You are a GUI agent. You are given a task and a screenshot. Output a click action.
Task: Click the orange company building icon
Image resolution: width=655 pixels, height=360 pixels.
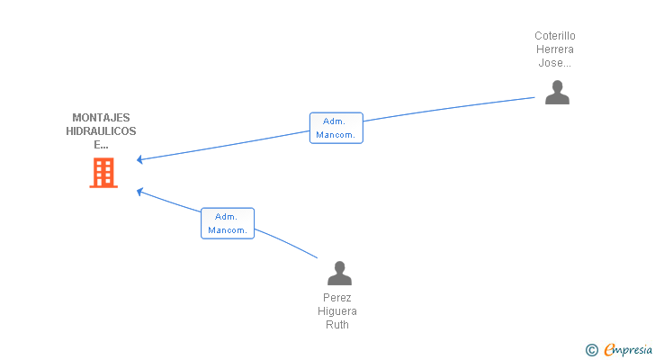click(x=103, y=173)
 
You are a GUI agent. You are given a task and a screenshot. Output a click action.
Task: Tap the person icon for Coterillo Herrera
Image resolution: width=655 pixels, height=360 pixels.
click(x=557, y=93)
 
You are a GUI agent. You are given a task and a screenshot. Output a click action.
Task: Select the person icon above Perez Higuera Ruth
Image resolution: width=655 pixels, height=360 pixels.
click(x=339, y=273)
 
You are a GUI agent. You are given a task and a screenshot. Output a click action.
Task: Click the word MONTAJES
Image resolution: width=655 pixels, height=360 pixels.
click(x=101, y=118)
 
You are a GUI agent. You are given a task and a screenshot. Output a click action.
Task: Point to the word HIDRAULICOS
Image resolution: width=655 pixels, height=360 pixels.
click(x=101, y=131)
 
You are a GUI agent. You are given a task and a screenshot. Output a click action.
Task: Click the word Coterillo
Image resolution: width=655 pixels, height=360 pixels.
click(x=555, y=36)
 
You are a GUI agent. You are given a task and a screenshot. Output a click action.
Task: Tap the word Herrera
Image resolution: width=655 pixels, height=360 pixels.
click(x=555, y=49)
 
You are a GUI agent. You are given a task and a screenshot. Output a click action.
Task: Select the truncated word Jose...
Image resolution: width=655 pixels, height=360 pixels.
click(x=554, y=63)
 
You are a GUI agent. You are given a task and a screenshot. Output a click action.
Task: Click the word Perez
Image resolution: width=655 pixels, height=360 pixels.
click(x=337, y=298)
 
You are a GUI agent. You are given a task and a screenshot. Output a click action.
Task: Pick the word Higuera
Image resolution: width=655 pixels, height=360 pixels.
click(x=337, y=311)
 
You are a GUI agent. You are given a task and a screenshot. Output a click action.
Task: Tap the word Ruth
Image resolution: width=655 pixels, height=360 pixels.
click(x=337, y=325)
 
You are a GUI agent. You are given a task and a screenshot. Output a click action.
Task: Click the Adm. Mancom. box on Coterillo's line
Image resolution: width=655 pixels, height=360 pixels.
click(x=336, y=128)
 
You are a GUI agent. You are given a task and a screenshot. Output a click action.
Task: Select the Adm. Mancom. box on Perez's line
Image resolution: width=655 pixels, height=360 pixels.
click(x=228, y=223)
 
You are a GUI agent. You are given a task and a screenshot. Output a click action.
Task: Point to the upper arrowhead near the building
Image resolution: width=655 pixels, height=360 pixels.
click(x=139, y=159)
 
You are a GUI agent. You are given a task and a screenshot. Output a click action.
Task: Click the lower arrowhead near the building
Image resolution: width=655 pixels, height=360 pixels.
click(x=140, y=192)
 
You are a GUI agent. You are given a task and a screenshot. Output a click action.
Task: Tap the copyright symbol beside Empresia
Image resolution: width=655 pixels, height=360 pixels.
click(x=591, y=350)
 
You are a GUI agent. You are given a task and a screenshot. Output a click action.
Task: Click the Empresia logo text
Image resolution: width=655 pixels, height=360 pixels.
click(x=628, y=350)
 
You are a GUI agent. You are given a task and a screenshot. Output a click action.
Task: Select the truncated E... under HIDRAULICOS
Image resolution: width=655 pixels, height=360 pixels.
click(x=101, y=145)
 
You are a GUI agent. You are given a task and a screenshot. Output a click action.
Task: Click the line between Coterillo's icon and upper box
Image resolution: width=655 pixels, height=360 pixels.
click(x=449, y=109)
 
